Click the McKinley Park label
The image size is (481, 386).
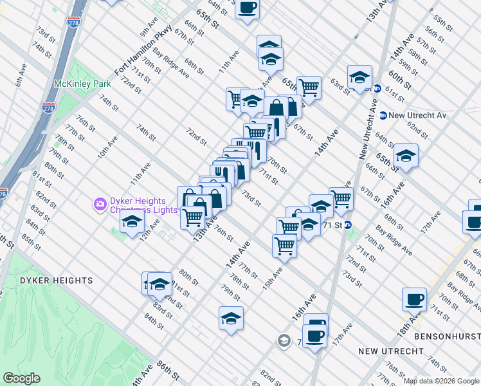coord(82,84)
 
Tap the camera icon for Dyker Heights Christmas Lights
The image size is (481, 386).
coord(100,205)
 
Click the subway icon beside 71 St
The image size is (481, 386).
coord(348,225)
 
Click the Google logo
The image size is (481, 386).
coord(21,378)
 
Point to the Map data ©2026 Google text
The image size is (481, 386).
coord(441,381)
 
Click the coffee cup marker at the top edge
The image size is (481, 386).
coord(248,9)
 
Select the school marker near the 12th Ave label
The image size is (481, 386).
coord(131,222)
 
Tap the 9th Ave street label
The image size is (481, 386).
coord(149,27)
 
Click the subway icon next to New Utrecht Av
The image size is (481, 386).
coord(383,115)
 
